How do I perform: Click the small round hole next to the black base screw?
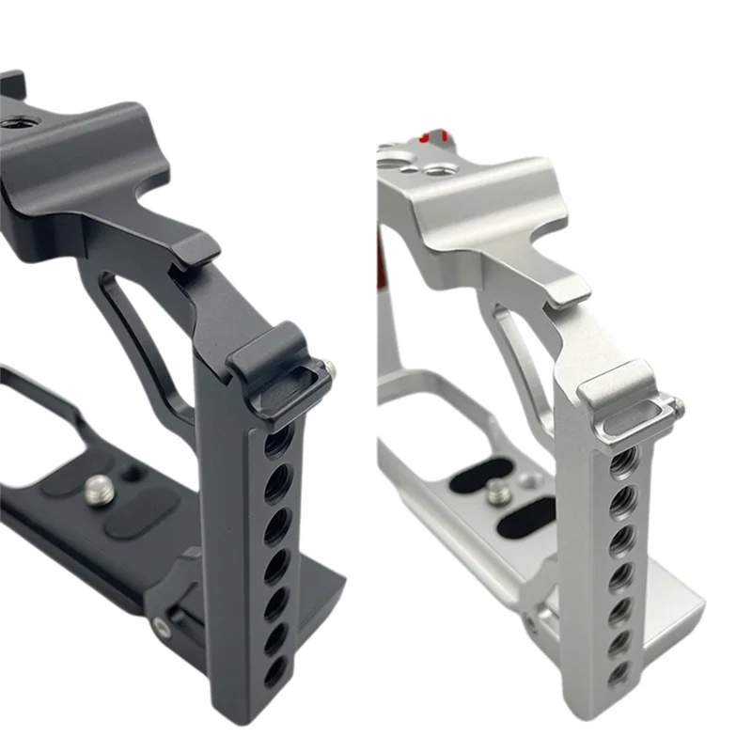tap(130, 474)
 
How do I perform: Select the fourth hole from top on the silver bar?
tap(622, 572)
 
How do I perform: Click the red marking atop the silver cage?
tap(434, 136)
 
